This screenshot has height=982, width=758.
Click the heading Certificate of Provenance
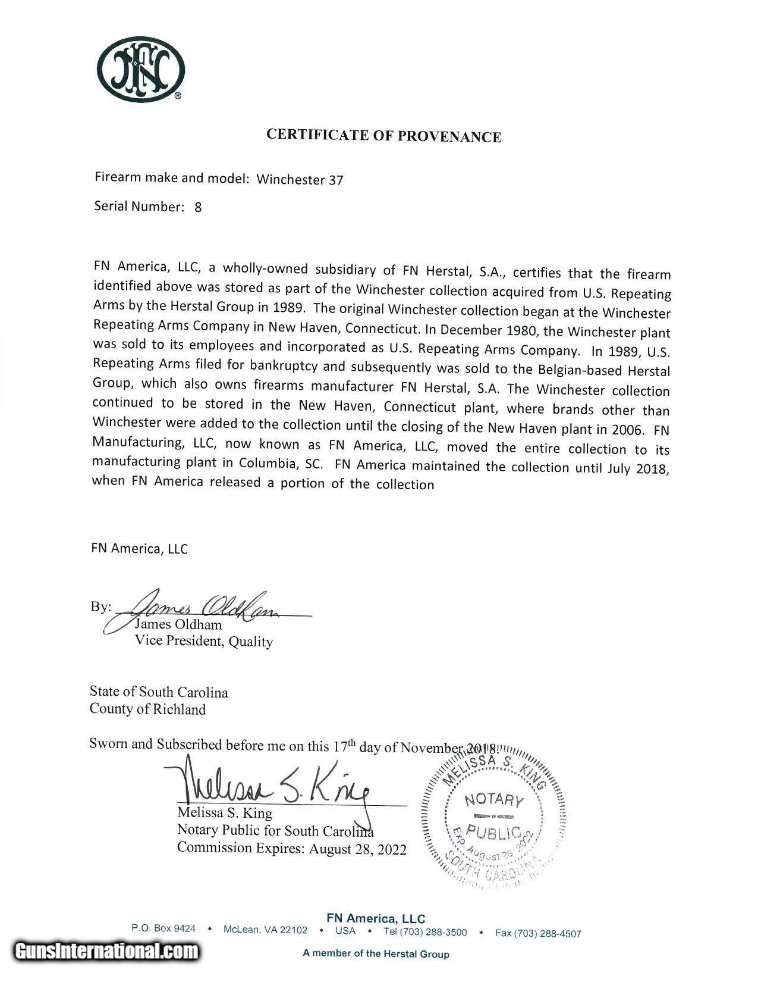click(x=383, y=136)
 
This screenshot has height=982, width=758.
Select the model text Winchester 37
click(x=300, y=180)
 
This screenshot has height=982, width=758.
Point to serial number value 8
click(x=198, y=208)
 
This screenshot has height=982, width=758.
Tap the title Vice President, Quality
click(x=203, y=642)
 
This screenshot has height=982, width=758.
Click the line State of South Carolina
click(x=159, y=692)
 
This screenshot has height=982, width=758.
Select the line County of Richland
click(x=147, y=709)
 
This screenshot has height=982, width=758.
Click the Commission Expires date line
click(x=291, y=849)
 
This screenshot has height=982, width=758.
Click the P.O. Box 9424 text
click(x=163, y=928)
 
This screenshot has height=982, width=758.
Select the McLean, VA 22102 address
click(x=265, y=930)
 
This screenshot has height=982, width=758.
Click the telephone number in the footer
click(x=424, y=932)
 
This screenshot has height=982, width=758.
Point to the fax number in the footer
click(x=538, y=933)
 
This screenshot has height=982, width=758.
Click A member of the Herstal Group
click(x=376, y=953)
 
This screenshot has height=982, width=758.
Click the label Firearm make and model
click(x=171, y=178)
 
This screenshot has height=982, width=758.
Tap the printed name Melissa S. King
click(x=225, y=813)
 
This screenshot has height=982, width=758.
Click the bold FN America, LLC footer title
click(x=376, y=918)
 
